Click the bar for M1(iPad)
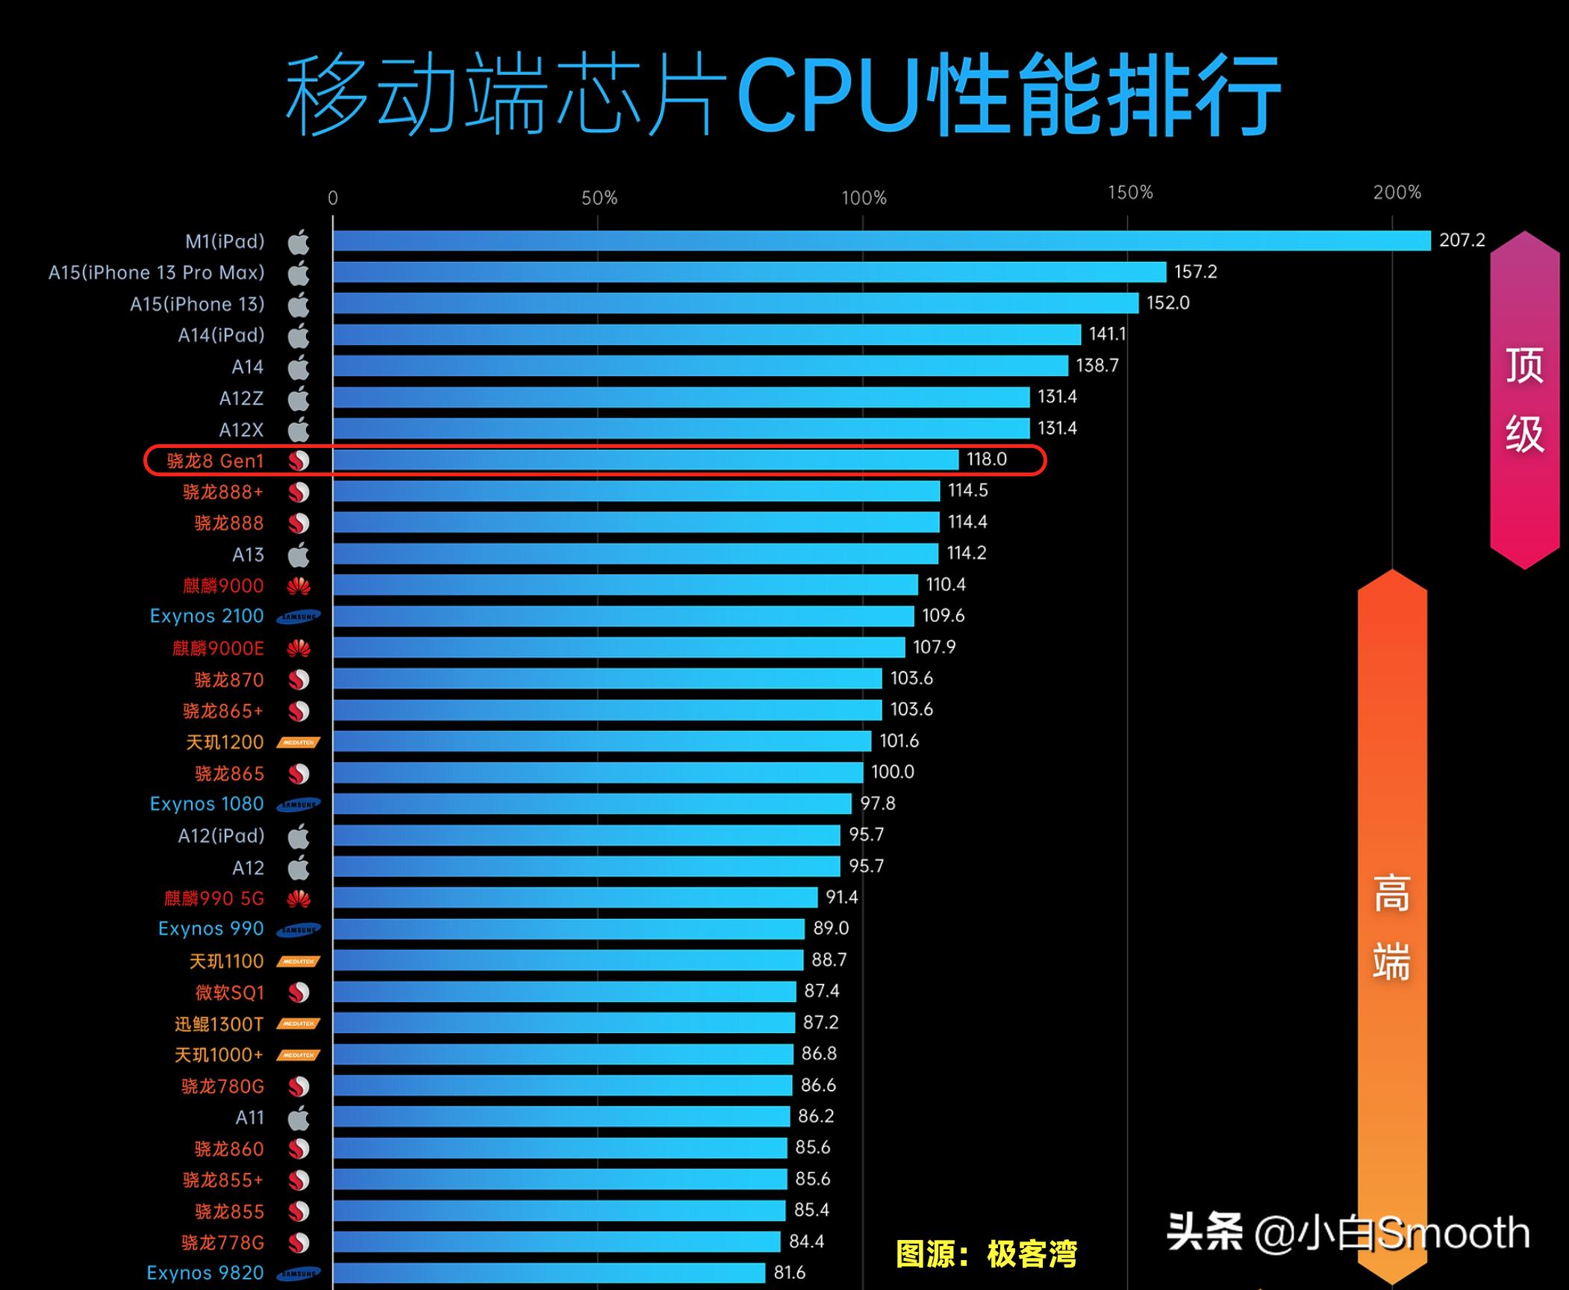pyautogui.click(x=881, y=240)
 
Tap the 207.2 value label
pyautogui.click(x=1462, y=240)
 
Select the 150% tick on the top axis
pyautogui.click(x=1130, y=193)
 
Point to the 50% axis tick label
pyautogui.click(x=599, y=199)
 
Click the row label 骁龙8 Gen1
pyautogui.click(x=215, y=461)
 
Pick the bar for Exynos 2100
pyautogui.click(x=623, y=616)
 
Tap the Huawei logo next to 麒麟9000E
pyautogui.click(x=299, y=648)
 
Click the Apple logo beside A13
pyautogui.click(x=299, y=555)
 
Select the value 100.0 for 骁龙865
pyautogui.click(x=892, y=772)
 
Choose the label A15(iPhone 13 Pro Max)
pyautogui.click(x=157, y=272)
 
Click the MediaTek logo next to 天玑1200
pyautogui.click(x=299, y=743)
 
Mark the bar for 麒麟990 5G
pyautogui.click(x=575, y=897)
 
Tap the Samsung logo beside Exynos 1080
pyautogui.click(x=299, y=805)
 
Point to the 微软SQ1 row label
pyautogui.click(x=229, y=993)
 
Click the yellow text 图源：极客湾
pyautogui.click(x=986, y=1254)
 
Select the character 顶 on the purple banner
pyautogui.click(x=1524, y=366)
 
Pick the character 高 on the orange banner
pyautogui.click(x=1391, y=894)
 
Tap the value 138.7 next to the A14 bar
pyautogui.click(x=1097, y=366)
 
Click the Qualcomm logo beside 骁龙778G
pyautogui.click(x=299, y=1242)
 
